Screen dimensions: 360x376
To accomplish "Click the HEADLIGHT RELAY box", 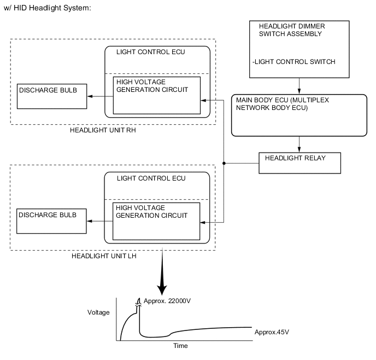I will click(x=299, y=162).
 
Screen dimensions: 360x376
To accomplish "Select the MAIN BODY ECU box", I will click(x=298, y=115).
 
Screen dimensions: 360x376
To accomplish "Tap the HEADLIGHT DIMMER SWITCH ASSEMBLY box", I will click(x=298, y=50).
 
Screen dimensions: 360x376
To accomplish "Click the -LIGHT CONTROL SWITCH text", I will click(x=293, y=62).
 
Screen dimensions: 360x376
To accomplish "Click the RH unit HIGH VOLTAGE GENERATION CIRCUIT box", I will click(x=156, y=95).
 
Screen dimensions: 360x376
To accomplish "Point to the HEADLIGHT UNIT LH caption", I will click(x=101, y=256).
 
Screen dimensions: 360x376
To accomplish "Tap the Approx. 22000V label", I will click(x=168, y=301).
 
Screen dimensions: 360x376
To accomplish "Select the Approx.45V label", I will click(x=272, y=332).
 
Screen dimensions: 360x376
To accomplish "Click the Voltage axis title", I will click(x=98, y=312).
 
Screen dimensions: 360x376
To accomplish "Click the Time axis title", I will click(x=180, y=346).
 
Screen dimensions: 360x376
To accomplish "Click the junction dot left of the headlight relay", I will click(x=225, y=162).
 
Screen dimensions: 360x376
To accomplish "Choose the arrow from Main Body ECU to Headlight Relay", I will click(x=299, y=144).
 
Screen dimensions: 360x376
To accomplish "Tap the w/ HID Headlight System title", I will click(x=46, y=9).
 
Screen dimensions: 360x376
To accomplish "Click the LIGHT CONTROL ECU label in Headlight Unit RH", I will click(x=151, y=52).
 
